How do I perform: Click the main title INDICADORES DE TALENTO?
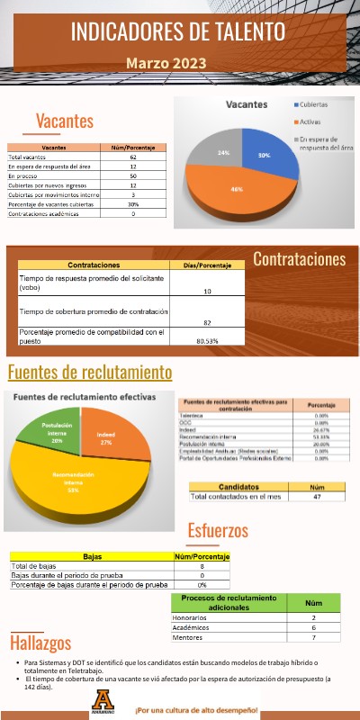point(179,33)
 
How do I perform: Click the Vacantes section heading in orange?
point(64,121)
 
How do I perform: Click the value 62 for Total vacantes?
point(132,157)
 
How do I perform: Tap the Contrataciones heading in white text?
point(299,259)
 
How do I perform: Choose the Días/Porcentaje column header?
point(207,265)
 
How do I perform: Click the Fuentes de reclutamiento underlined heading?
point(89,373)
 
